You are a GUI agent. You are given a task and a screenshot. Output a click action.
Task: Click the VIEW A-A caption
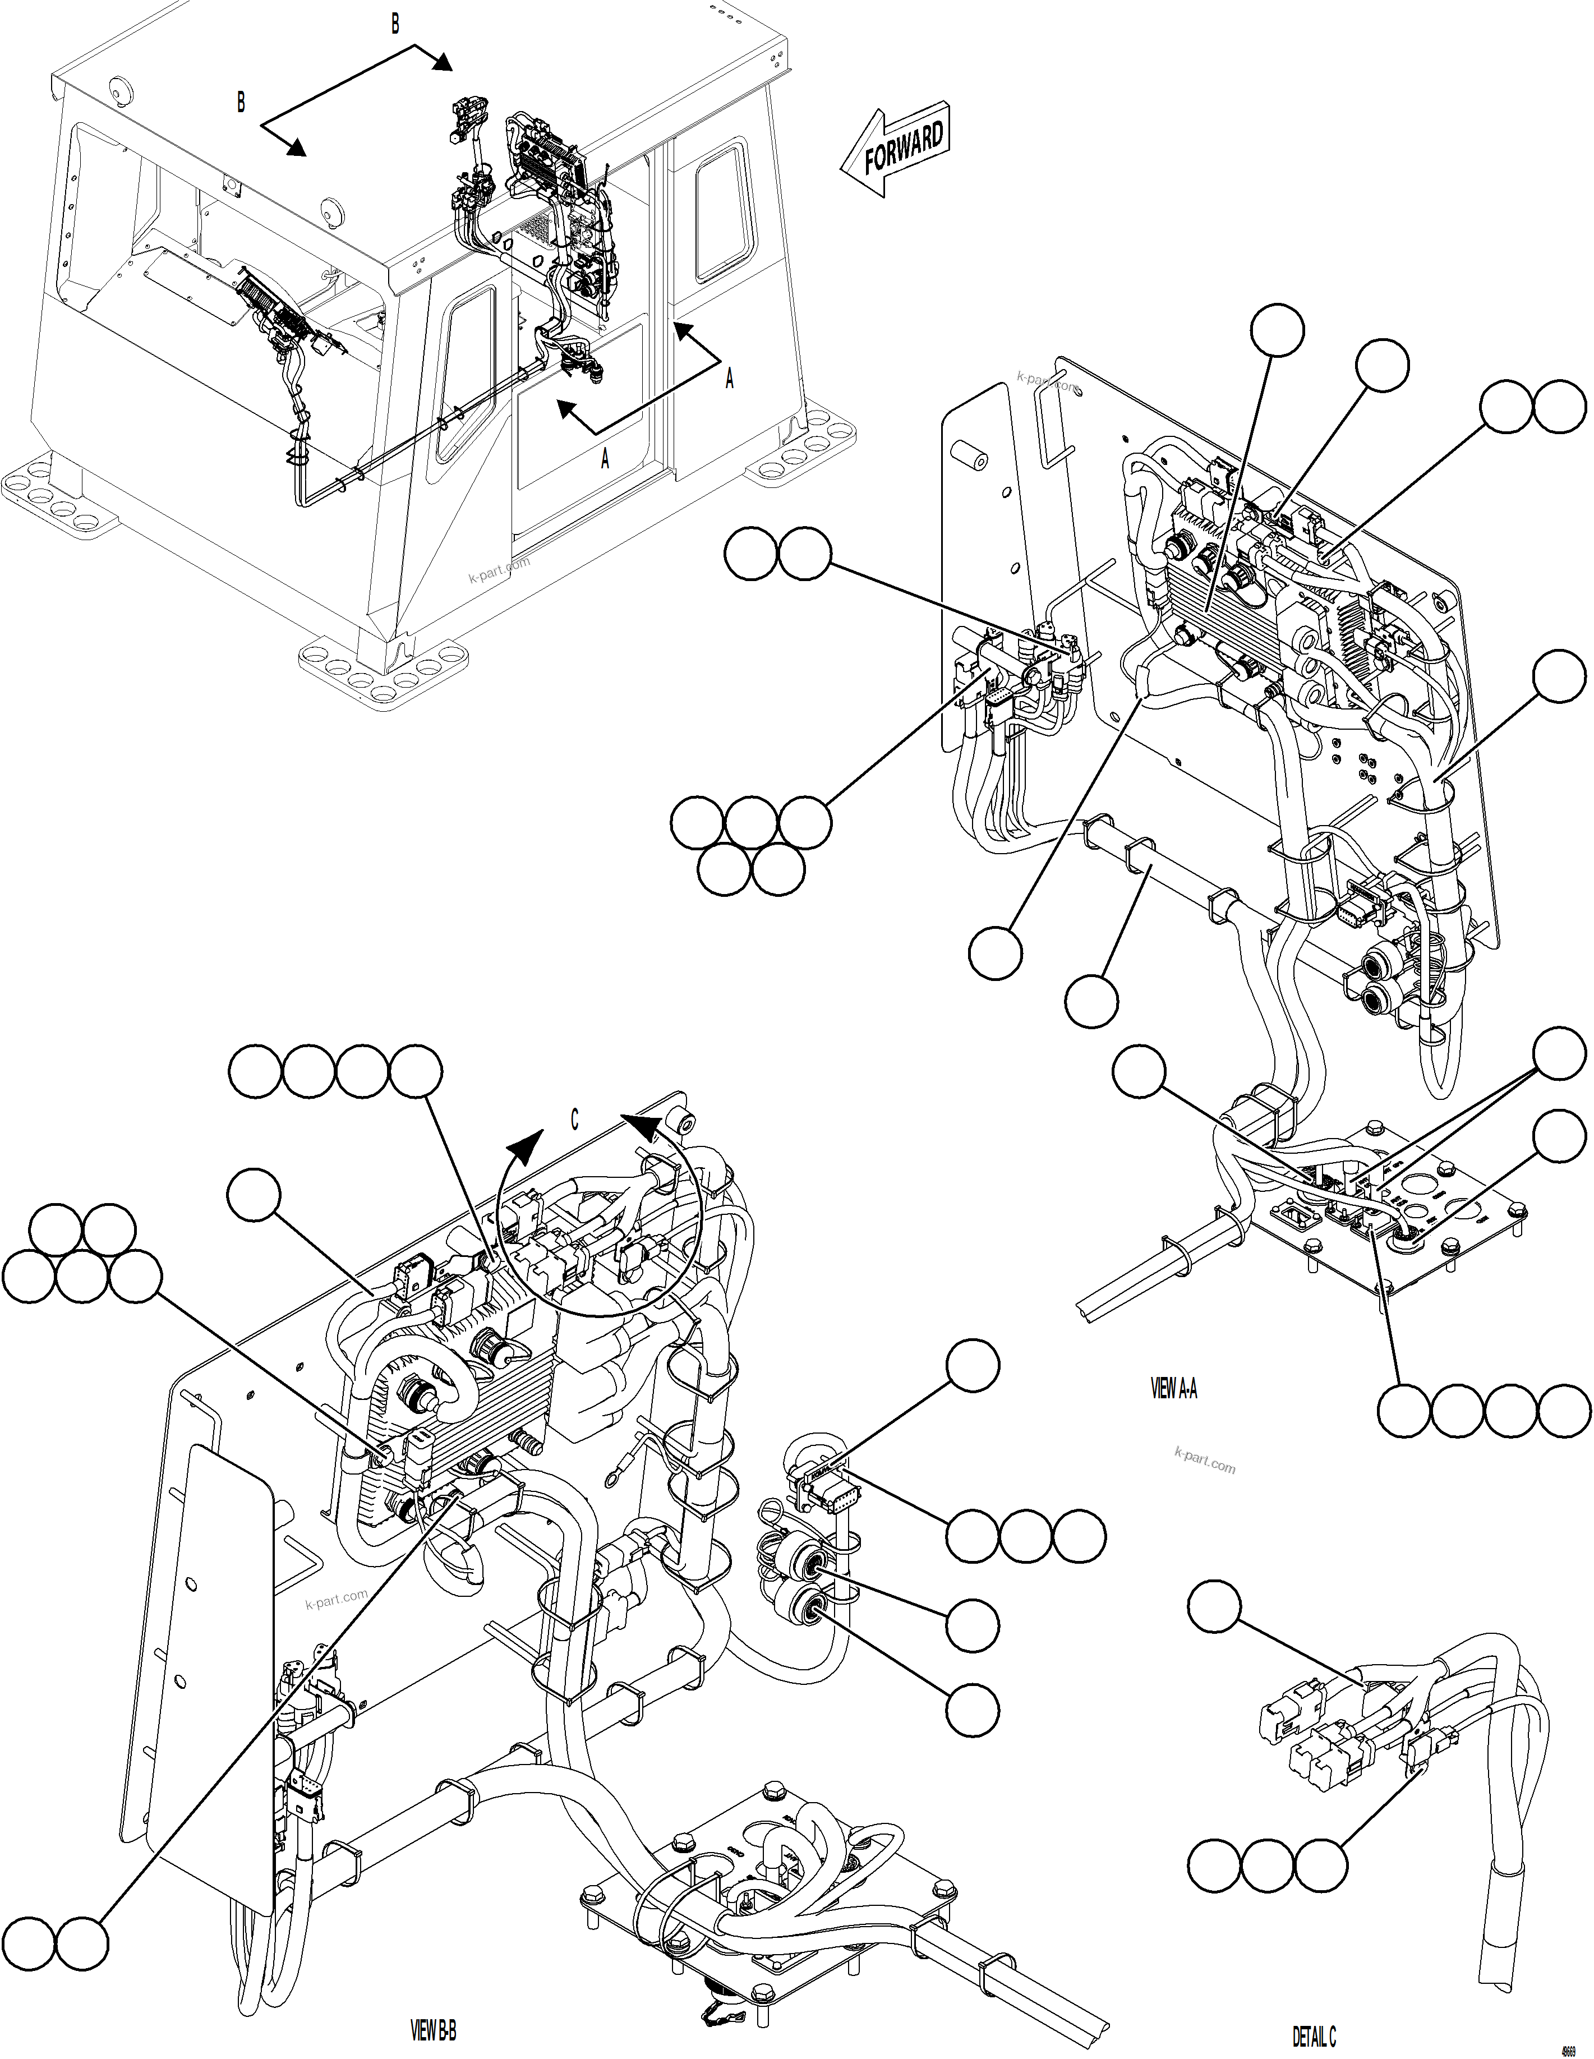pyautogui.click(x=1173, y=1389)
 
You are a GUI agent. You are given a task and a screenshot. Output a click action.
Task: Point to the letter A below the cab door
pyautogui.click(x=605, y=459)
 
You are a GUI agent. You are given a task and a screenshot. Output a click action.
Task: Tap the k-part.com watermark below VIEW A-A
pyautogui.click(x=1205, y=1461)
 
